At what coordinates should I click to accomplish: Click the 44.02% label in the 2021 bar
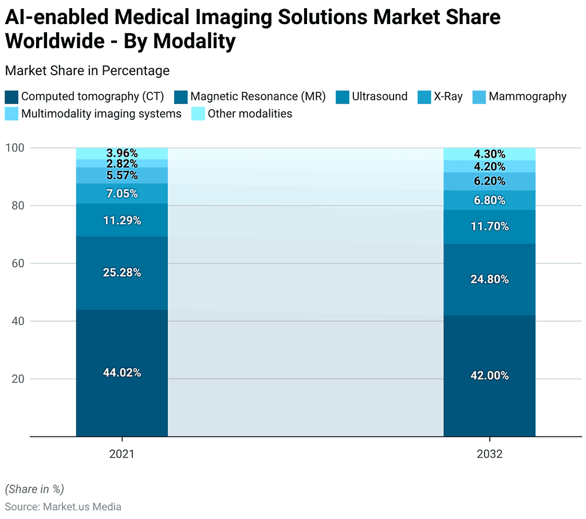pyautogui.click(x=122, y=373)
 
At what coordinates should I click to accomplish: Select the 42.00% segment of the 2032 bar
pyautogui.click(x=489, y=376)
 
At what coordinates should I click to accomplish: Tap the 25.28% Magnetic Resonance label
pyautogui.click(x=122, y=272)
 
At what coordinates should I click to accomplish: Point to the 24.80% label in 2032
pyautogui.click(x=489, y=279)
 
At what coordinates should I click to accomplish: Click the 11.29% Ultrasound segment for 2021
pyautogui.click(x=122, y=220)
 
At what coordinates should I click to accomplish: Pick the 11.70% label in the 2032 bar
pyautogui.click(x=489, y=226)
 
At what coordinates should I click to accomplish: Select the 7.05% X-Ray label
pyautogui.click(x=122, y=193)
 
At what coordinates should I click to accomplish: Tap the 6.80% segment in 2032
pyautogui.click(x=489, y=200)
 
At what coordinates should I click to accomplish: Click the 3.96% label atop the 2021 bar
pyautogui.click(x=122, y=153)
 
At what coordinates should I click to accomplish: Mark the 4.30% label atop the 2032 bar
pyautogui.click(x=489, y=154)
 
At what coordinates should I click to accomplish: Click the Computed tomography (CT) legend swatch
pyautogui.click(x=11, y=97)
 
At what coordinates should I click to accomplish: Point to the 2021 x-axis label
pyautogui.click(x=122, y=454)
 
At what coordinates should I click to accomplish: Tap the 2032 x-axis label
pyautogui.click(x=489, y=454)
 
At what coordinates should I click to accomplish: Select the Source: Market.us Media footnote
pyautogui.click(x=63, y=506)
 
